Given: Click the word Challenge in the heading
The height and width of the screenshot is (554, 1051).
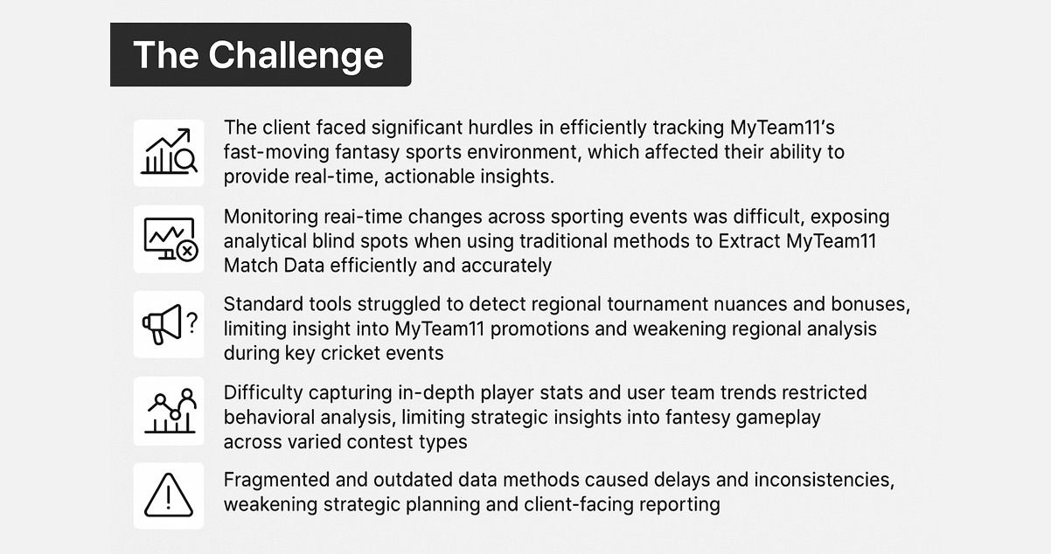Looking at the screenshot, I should (x=296, y=55).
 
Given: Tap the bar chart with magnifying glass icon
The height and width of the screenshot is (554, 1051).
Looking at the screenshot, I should (x=169, y=152).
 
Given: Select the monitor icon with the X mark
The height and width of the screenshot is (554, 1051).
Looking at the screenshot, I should (x=169, y=239).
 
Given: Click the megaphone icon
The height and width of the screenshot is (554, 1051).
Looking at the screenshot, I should (x=163, y=324).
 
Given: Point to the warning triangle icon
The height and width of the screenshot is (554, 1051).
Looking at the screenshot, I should (x=169, y=495).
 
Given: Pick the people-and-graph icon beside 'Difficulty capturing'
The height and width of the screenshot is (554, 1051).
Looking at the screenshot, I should (x=169, y=411).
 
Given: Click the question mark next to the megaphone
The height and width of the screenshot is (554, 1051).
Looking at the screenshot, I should (x=192, y=323).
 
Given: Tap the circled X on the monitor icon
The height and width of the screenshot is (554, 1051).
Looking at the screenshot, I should (x=186, y=252).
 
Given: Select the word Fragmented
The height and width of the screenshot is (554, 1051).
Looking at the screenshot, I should (x=277, y=480).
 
